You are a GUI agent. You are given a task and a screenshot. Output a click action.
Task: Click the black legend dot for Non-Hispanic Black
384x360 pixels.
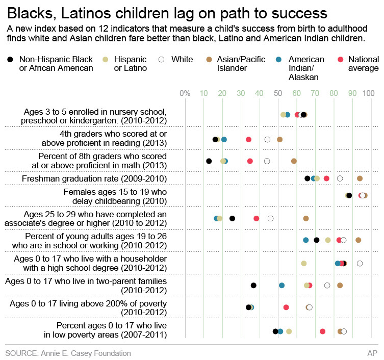coord(11,60)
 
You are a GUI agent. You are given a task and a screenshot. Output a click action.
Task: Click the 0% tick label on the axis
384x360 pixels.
coord(185,93)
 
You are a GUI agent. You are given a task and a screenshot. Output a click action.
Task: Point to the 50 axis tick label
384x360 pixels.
coord(278,93)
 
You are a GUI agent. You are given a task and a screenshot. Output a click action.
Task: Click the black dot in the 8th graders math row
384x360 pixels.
coord(209,161)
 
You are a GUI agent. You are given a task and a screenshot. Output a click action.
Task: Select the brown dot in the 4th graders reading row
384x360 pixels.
coord(279,139)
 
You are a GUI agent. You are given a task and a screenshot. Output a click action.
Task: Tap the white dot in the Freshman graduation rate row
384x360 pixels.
coord(340,178)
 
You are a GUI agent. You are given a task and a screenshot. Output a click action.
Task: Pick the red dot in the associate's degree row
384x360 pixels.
coord(257,218)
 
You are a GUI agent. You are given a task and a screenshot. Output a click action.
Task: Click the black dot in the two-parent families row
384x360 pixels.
coord(253,286)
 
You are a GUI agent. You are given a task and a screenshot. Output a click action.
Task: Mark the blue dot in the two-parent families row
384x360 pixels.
coord(281,286)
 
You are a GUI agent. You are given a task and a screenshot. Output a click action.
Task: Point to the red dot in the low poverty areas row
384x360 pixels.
coord(323,331)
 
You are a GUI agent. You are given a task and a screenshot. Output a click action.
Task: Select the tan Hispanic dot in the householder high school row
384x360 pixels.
coord(304,263)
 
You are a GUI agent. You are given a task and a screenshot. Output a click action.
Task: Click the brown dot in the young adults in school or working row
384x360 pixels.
coord(359,240)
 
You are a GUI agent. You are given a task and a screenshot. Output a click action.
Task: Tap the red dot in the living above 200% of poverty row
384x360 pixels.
coord(286,307)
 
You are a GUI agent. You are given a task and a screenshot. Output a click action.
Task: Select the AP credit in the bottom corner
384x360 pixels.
coord(372,353)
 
